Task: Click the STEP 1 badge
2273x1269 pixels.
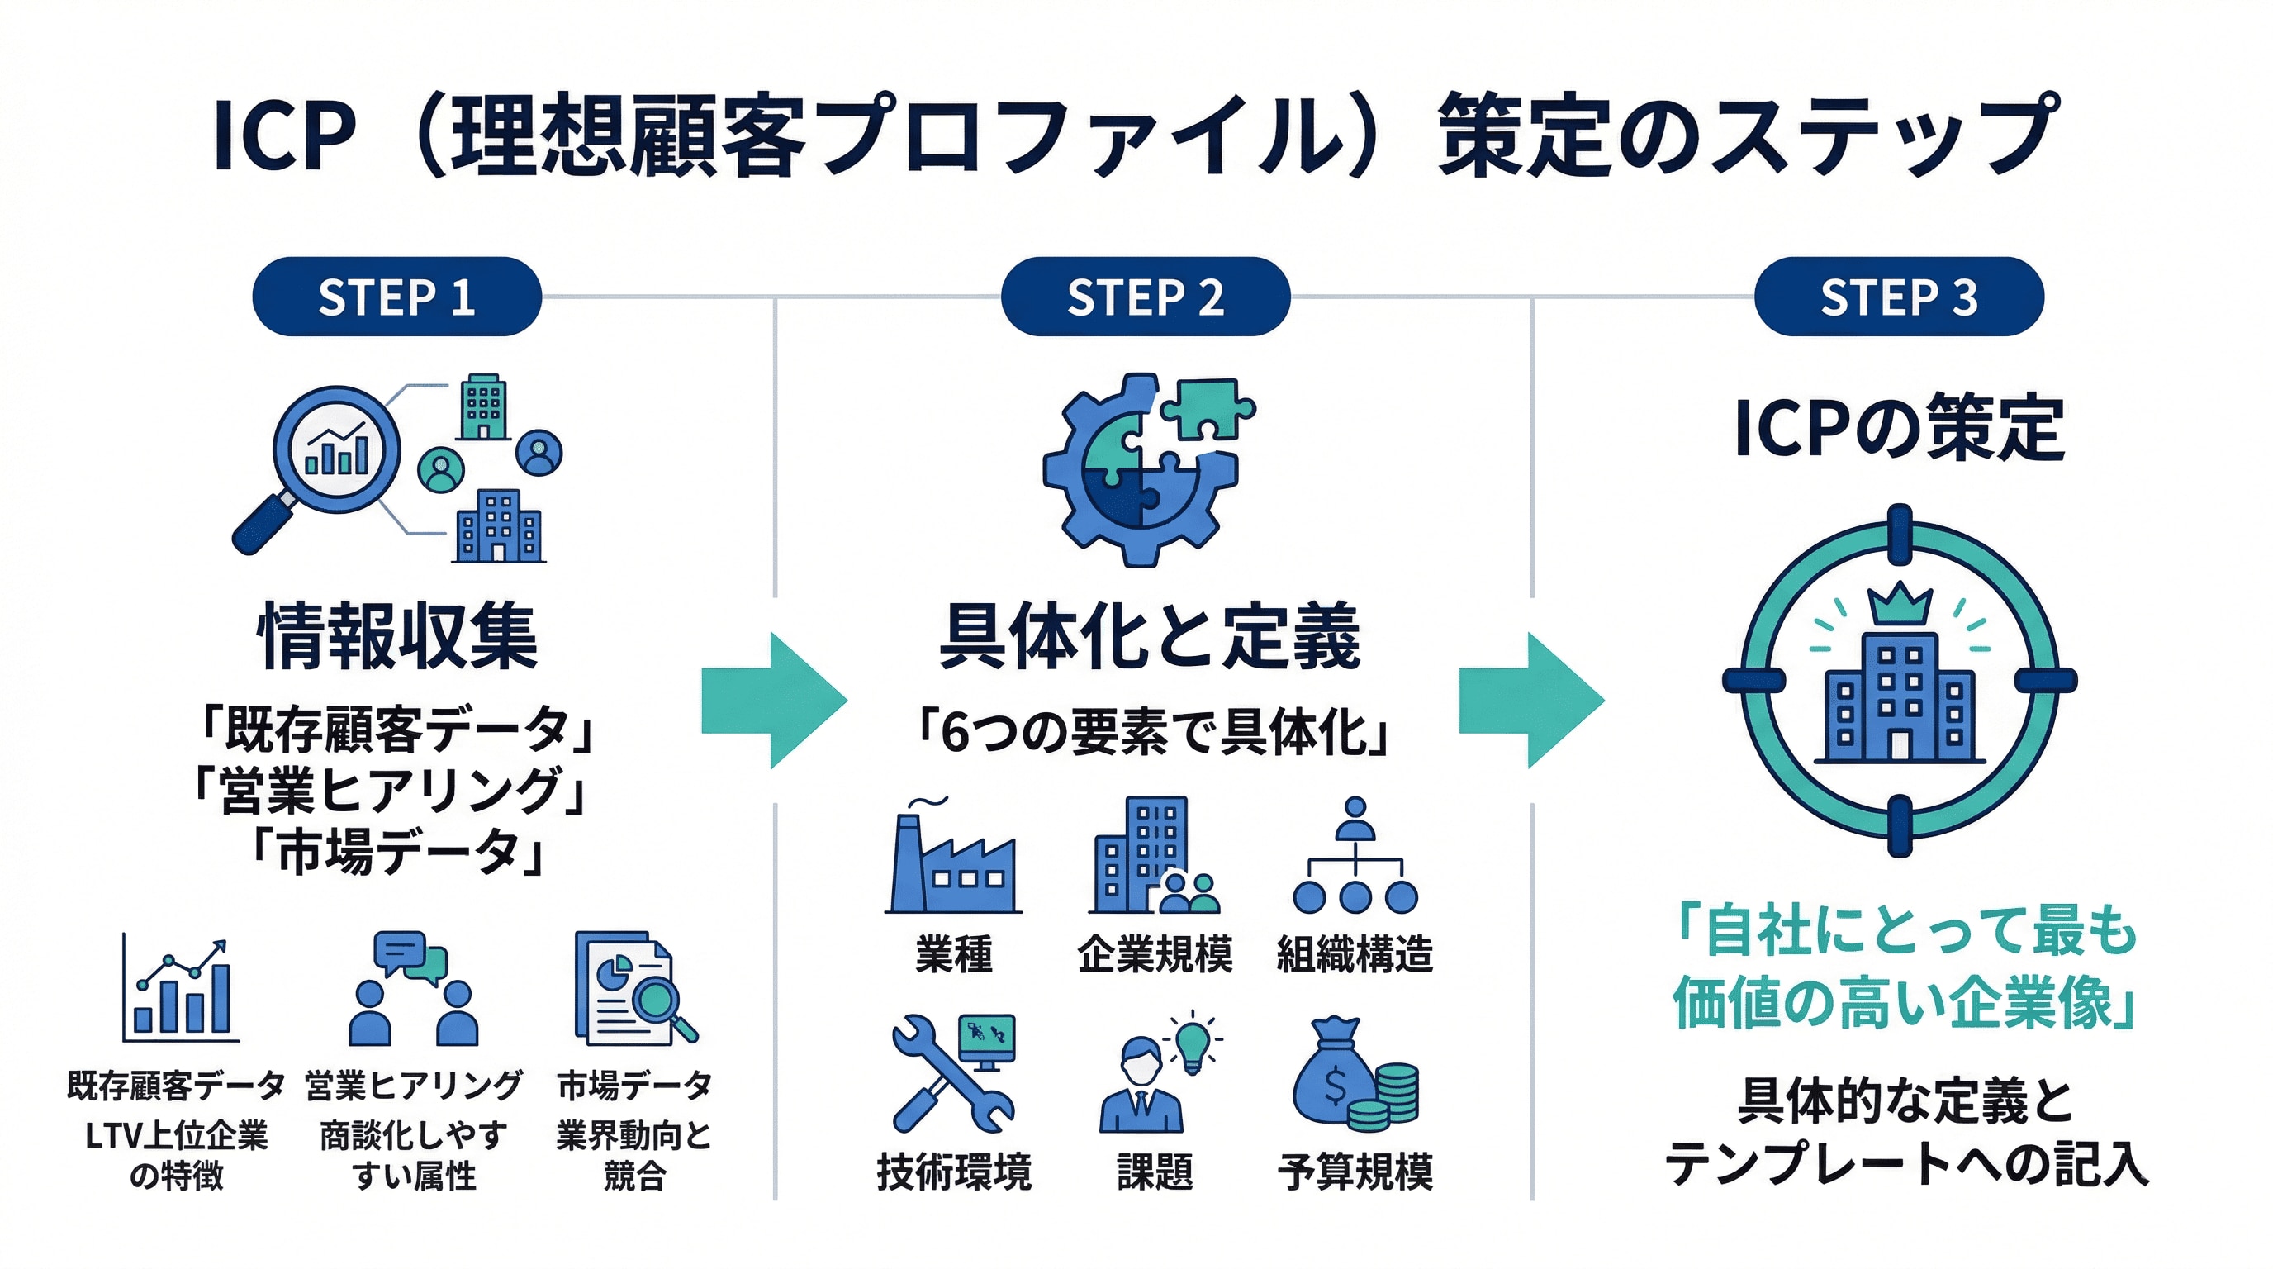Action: tap(396, 297)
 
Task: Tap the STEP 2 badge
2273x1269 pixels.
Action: tap(1145, 297)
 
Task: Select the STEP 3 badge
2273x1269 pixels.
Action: tap(1898, 297)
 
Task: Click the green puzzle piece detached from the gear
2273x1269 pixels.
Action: tap(1207, 406)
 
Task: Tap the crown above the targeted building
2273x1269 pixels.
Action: tap(1900, 604)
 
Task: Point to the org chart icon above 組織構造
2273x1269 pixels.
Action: tap(1355, 856)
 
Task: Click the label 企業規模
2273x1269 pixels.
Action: tap(1154, 954)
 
